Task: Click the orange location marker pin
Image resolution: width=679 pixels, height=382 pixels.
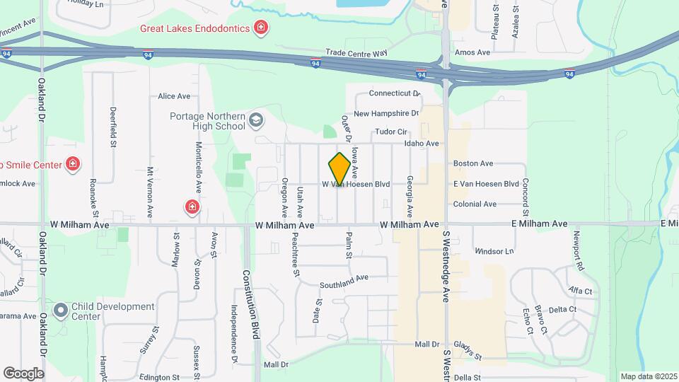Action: pyautogui.click(x=339, y=168)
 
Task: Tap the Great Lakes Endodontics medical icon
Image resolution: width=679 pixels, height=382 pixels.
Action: pyautogui.click(x=262, y=28)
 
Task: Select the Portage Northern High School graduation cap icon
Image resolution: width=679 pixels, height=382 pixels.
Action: pyautogui.click(x=255, y=122)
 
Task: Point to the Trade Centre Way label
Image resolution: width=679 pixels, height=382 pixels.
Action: pyautogui.click(x=356, y=53)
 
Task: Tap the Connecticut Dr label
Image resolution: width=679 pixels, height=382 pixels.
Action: pyautogui.click(x=395, y=93)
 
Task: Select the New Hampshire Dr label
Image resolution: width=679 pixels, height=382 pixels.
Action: pyautogui.click(x=386, y=113)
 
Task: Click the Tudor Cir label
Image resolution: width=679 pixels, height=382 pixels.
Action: pyautogui.click(x=391, y=132)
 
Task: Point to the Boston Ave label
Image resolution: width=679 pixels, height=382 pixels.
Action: pyautogui.click(x=473, y=163)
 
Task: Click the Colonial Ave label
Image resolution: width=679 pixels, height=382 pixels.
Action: pyautogui.click(x=475, y=204)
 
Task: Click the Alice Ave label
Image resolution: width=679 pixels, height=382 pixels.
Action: pyautogui.click(x=174, y=96)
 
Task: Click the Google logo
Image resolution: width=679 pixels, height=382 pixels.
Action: pyautogui.click(x=23, y=373)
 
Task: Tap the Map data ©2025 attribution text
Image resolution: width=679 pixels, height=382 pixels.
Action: pyautogui.click(x=648, y=376)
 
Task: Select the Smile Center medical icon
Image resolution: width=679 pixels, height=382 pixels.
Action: pyautogui.click(x=72, y=165)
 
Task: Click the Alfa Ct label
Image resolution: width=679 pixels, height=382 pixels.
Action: pyautogui.click(x=580, y=291)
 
